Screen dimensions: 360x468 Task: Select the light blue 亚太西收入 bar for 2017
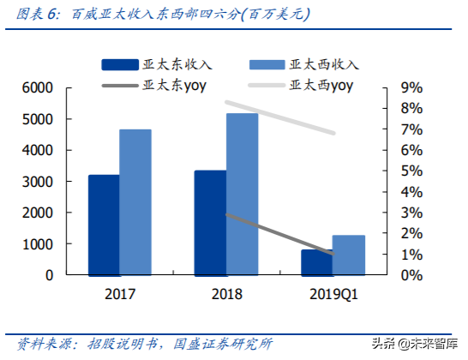pyautogui.click(x=135, y=202)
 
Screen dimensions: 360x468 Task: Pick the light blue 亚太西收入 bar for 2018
pyautogui.click(x=242, y=194)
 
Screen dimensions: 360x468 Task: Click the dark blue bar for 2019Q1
pyautogui.click(x=316, y=263)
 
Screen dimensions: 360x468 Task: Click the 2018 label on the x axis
pyautogui.click(x=225, y=294)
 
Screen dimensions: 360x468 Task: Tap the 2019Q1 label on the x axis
pyautogui.click(x=332, y=294)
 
